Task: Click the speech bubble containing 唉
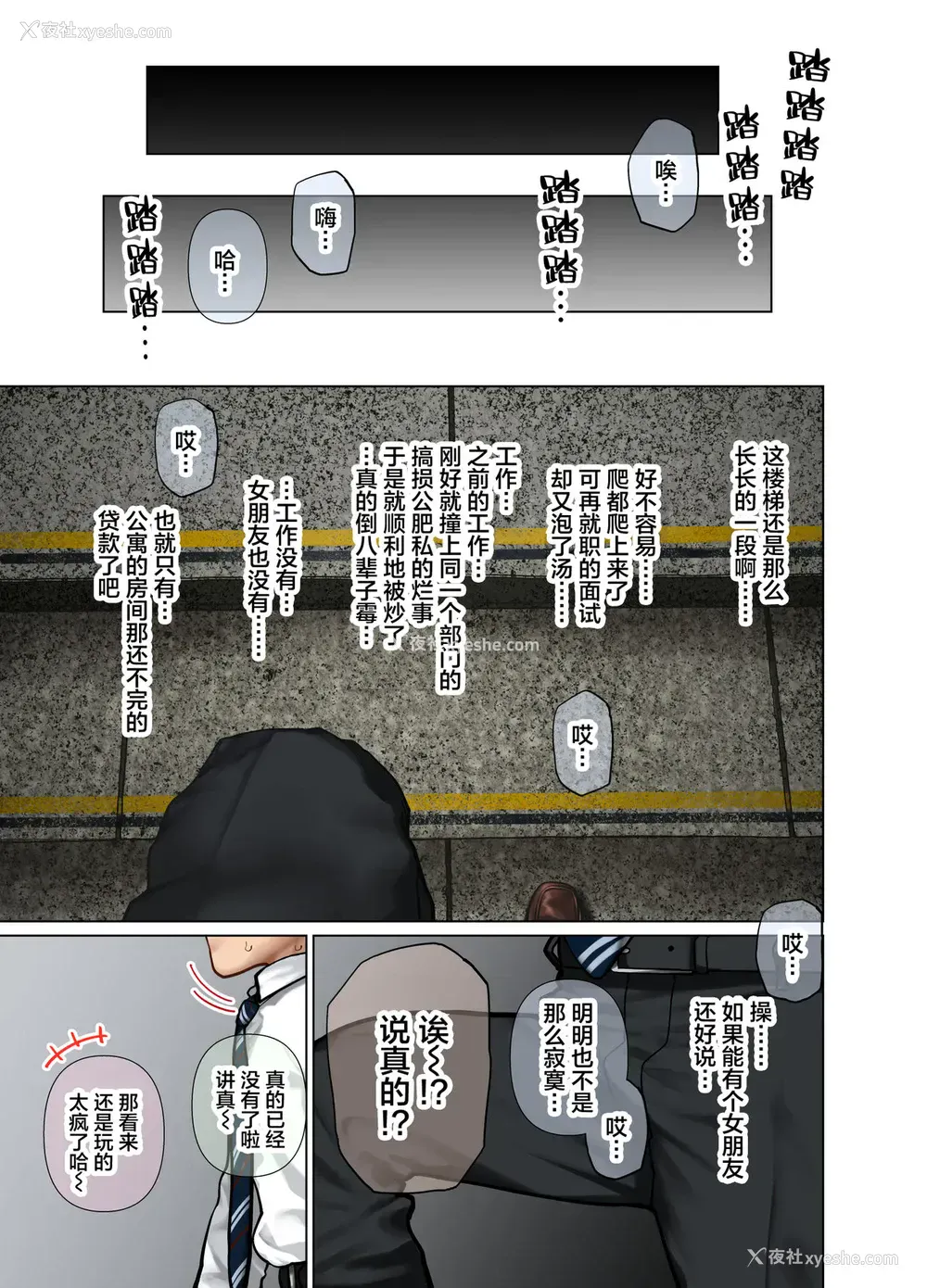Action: (x=663, y=175)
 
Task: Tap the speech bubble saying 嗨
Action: (x=324, y=223)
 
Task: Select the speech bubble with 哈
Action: (x=226, y=266)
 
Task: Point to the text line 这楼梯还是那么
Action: (x=773, y=524)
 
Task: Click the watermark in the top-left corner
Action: (x=95, y=31)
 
